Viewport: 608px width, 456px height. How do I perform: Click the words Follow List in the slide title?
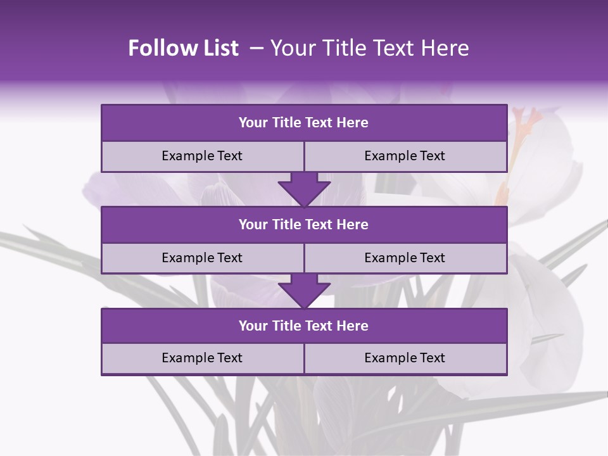click(x=183, y=48)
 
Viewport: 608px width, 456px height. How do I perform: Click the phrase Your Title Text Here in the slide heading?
click(x=369, y=48)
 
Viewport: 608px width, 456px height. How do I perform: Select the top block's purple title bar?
click(x=304, y=123)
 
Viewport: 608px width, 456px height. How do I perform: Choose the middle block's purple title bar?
click(x=304, y=224)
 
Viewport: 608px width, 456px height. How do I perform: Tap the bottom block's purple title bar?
click(x=304, y=326)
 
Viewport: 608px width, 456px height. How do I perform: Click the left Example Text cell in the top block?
click(x=202, y=156)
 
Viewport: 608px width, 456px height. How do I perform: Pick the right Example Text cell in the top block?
click(x=405, y=156)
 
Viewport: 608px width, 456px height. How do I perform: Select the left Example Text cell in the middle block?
click(x=202, y=258)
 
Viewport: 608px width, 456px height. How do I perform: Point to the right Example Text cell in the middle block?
click(x=405, y=258)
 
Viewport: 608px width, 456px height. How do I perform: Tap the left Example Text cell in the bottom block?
click(x=202, y=358)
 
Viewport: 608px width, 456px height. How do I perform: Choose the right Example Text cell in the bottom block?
click(x=405, y=358)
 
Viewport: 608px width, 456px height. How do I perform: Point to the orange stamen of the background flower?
click(x=522, y=127)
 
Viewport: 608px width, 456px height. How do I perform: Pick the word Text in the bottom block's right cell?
click(x=432, y=358)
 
